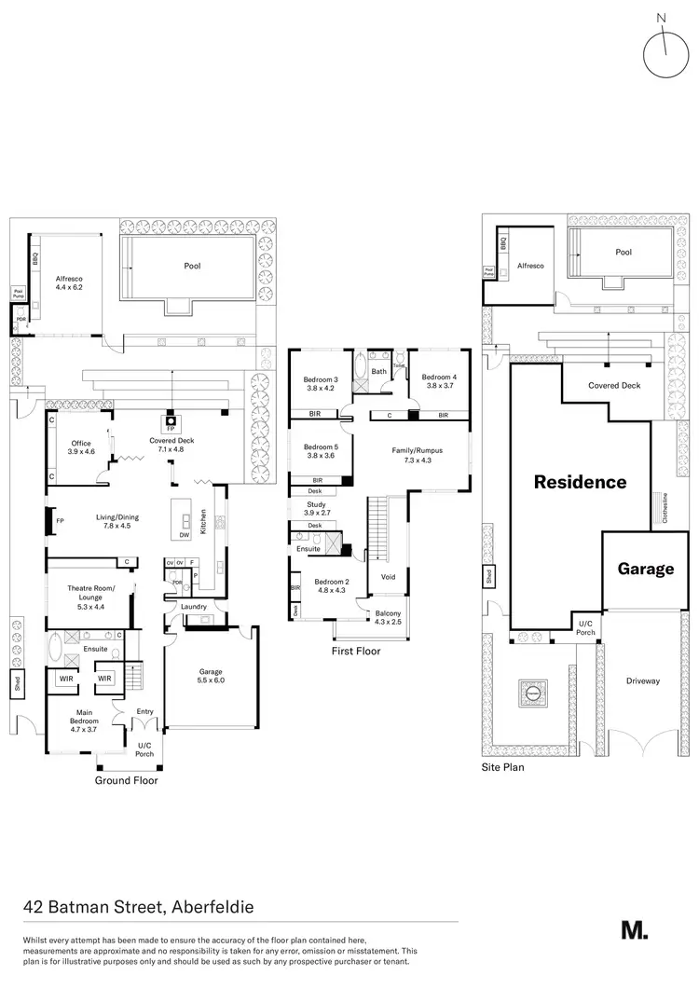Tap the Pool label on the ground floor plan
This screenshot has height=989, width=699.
192,266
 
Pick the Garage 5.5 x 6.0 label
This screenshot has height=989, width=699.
211,675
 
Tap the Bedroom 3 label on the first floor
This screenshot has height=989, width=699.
320,383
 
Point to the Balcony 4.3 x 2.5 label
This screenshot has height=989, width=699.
388,617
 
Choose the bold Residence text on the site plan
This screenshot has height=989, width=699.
580,482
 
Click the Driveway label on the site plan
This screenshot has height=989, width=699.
643,681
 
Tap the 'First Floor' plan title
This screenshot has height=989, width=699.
356,652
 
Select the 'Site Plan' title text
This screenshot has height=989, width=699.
502,768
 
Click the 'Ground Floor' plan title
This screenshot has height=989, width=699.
128,780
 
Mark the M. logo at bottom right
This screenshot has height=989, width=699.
634,929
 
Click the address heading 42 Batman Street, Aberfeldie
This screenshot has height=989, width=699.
138,906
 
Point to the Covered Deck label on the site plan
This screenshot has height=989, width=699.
614,385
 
